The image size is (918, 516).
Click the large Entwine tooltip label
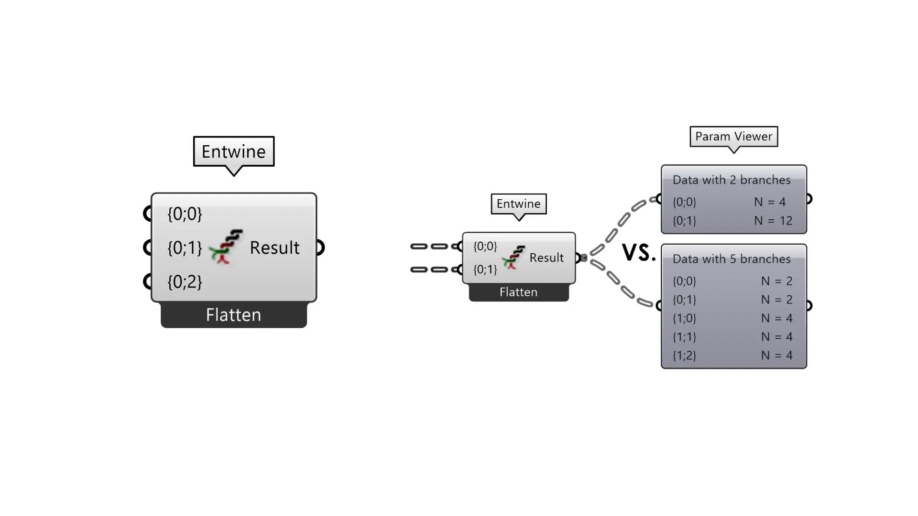[x=233, y=151]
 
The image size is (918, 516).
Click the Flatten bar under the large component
[x=233, y=315]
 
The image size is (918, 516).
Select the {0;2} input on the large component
[x=185, y=282]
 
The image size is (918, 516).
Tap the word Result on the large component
[x=274, y=247]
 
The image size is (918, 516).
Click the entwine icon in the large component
[x=226, y=247]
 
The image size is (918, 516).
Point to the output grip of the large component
[x=320, y=247]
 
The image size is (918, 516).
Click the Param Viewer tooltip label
[x=733, y=137]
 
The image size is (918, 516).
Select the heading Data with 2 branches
[x=732, y=180]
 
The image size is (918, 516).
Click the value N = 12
[x=773, y=221]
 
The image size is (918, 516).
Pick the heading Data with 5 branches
[x=732, y=259]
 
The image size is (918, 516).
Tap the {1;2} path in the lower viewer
[x=684, y=355]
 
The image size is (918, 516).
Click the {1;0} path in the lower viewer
[x=684, y=318]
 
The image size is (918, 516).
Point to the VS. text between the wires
[x=639, y=252]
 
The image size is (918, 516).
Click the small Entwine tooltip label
[x=518, y=204]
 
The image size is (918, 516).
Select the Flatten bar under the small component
[x=518, y=292]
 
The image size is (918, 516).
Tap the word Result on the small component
[x=546, y=258]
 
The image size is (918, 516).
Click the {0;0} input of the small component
[x=485, y=246]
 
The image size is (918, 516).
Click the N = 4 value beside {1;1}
[x=776, y=337]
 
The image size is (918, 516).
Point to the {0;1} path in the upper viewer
[x=684, y=221]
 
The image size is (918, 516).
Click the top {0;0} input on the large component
[x=185, y=214]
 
